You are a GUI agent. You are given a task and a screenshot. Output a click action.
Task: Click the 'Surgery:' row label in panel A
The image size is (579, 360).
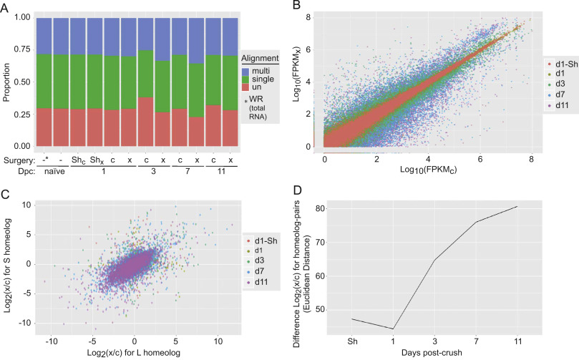(21, 160)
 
